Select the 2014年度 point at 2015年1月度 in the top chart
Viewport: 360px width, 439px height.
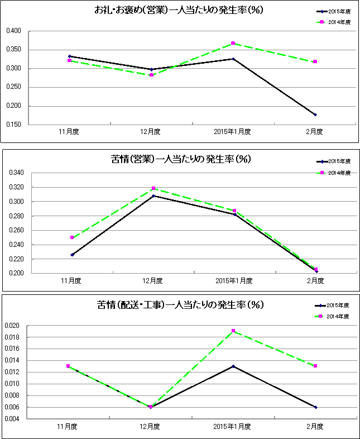pyautogui.click(x=233, y=44)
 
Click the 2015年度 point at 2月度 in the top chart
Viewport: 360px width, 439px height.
pyautogui.click(x=315, y=114)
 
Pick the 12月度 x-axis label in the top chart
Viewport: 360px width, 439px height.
pyautogui.click(x=151, y=132)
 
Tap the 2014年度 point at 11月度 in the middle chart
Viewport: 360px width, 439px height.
pyautogui.click(x=71, y=237)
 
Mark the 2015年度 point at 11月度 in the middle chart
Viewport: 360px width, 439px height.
pyautogui.click(x=71, y=255)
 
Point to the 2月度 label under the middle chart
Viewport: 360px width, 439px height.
pyautogui.click(x=316, y=280)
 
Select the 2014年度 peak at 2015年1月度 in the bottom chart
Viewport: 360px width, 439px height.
pyautogui.click(x=233, y=331)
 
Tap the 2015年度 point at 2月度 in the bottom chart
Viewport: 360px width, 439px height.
pyautogui.click(x=315, y=407)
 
